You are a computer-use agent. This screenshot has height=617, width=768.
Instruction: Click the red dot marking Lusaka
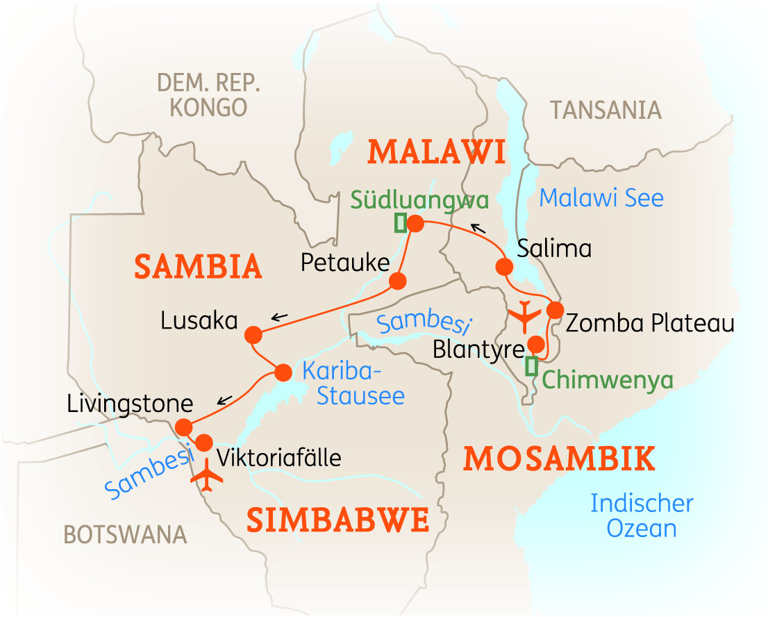coord(253,335)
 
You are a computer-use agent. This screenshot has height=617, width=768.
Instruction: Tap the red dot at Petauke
coord(397,281)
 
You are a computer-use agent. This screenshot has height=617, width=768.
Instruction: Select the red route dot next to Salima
coord(503,266)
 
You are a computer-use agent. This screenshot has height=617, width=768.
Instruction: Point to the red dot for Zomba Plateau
coord(554,310)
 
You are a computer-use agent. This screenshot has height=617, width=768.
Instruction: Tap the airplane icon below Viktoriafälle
coord(207,476)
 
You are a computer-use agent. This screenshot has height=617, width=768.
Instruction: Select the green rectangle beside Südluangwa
coord(400,223)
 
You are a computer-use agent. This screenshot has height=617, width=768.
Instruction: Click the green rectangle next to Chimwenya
coord(531,366)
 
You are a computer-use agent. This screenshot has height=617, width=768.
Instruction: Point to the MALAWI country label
coord(437,151)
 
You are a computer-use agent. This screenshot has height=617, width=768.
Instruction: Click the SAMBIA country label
coord(198,267)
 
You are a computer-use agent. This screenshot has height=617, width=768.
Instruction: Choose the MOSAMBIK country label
coord(559,459)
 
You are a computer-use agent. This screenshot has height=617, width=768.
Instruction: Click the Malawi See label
coord(601,199)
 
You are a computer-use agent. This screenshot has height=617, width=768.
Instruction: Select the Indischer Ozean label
coord(642,516)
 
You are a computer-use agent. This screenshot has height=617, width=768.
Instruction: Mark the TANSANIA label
coord(605,110)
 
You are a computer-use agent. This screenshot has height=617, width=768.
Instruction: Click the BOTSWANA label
coord(125,534)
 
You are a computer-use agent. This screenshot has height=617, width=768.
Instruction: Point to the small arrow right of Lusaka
coord(279,318)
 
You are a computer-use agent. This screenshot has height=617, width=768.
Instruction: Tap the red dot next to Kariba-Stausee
coord(283,372)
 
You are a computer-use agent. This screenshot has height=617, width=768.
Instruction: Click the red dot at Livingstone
coord(183,426)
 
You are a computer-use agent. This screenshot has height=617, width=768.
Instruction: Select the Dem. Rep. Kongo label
coord(208,95)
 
